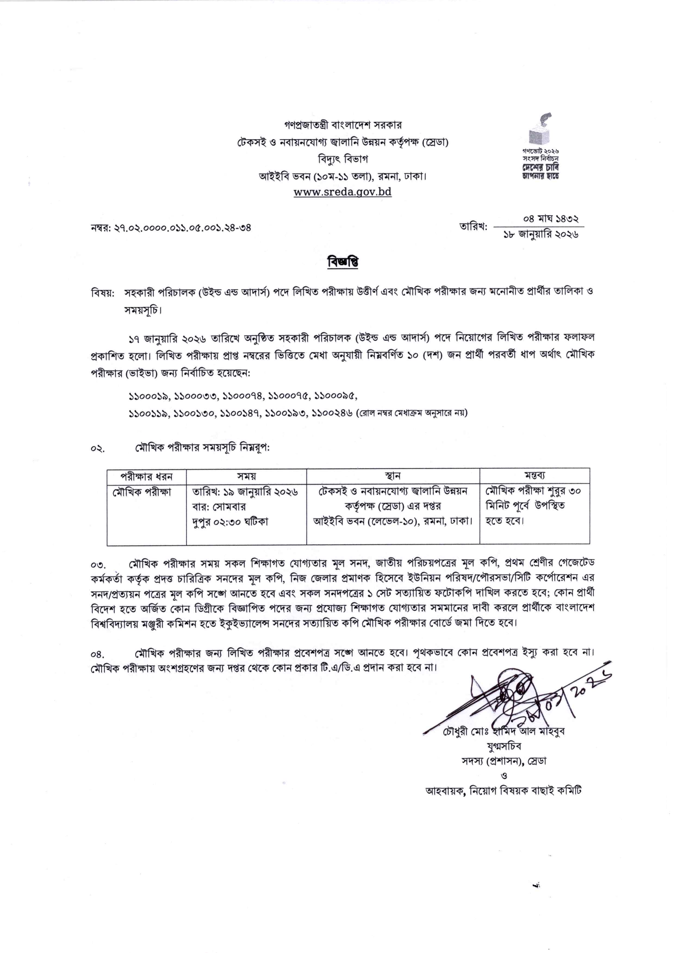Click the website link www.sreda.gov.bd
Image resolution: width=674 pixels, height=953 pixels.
point(342,192)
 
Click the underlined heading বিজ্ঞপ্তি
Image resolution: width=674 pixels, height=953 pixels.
point(342,262)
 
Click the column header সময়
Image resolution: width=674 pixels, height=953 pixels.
point(246,476)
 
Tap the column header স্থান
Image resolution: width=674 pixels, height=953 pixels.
point(393,476)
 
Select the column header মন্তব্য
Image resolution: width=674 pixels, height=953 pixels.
point(535,476)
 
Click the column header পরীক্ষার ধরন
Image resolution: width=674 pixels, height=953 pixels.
point(146,476)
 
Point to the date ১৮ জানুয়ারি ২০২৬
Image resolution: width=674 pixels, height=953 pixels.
point(541,235)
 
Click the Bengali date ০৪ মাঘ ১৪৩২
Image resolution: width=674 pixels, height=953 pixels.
point(551,218)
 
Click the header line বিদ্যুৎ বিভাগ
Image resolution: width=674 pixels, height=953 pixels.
point(342,159)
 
